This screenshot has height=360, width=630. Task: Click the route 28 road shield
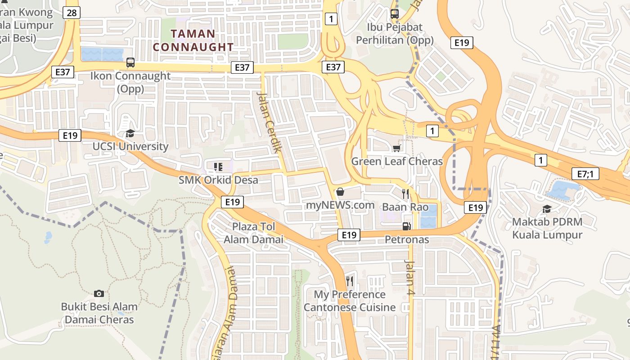pos(72,13)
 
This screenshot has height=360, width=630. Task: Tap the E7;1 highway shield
pos(585,174)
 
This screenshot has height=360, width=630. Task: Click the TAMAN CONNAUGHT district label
pos(193,40)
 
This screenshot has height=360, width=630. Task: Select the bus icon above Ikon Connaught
pos(130,63)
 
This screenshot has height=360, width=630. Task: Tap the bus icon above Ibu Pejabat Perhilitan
pos(395,14)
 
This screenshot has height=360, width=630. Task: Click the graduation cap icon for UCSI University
pos(130,133)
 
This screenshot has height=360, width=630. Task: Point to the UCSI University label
pos(130,147)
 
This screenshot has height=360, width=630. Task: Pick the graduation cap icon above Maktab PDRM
pos(547,209)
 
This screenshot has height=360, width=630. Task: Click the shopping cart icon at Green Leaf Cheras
pos(396,148)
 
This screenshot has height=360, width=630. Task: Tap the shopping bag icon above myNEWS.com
pos(340,192)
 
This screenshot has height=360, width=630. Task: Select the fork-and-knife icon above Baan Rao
pos(405,194)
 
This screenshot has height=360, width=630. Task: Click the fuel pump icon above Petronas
pos(406,226)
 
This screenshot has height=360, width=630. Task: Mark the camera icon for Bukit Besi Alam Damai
pos(99,293)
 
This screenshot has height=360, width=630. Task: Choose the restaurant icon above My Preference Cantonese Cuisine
pos(350,281)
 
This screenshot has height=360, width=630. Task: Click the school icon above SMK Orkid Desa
pos(218,167)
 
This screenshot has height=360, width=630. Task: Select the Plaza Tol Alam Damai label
pos(254,233)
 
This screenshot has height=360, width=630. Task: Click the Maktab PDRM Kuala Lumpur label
pos(547,228)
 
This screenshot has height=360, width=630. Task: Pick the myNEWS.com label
pos(340,205)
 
